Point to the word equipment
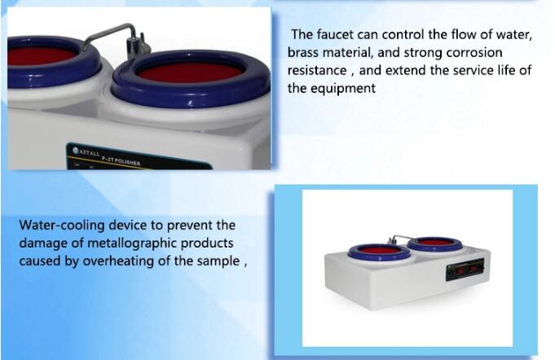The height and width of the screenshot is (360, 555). coord(343,89)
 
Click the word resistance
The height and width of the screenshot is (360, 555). coord(317,70)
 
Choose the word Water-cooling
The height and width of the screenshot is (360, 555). coord(62,226)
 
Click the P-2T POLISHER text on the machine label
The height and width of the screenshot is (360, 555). coord(121,161)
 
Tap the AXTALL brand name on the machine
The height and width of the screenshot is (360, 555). coord(86,152)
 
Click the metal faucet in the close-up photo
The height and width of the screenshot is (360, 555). coord(117,38)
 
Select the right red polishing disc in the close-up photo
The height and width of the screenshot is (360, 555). coord(190,72)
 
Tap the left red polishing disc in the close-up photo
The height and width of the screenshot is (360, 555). coord(40,56)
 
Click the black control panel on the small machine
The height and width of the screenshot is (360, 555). coord(465,270)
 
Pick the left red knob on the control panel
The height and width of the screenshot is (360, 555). coord(460,271)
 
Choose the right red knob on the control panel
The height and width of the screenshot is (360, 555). coord(474,269)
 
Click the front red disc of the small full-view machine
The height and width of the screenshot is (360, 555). coord(379,250)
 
